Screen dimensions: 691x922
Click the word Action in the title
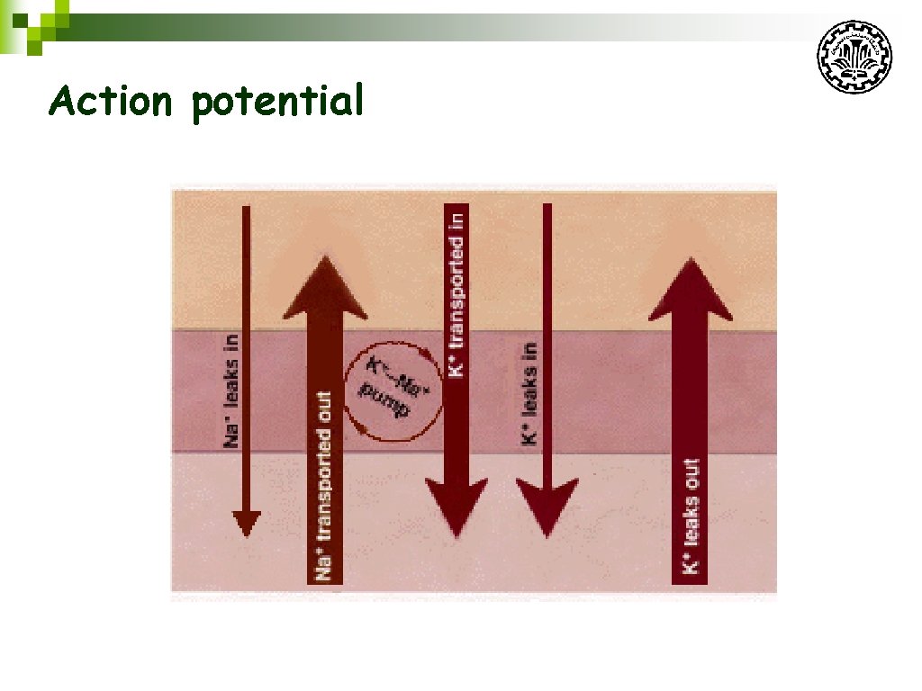coord(110,101)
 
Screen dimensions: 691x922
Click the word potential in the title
coord(277,103)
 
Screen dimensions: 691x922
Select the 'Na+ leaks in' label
coord(231,390)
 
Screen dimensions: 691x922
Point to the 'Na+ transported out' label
coord(325,485)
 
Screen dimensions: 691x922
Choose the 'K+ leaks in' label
coord(530,393)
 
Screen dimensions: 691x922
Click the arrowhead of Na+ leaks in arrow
coord(246,523)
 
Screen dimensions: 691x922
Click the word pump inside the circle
coord(384,401)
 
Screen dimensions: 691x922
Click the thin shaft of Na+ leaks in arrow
coord(246,270)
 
